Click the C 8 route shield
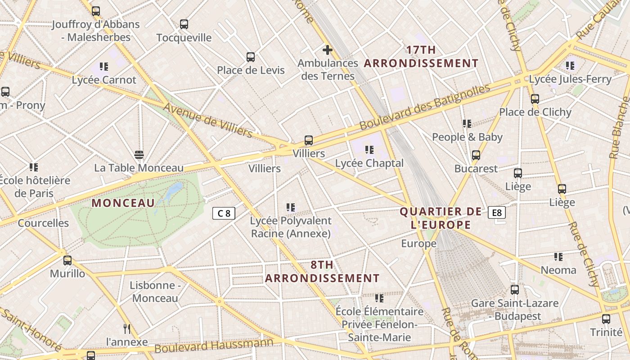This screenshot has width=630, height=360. tap(224, 213)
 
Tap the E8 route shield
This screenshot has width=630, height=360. tap(497, 212)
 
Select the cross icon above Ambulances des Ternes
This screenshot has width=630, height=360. tap(328, 49)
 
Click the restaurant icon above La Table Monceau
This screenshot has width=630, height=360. tap(139, 155)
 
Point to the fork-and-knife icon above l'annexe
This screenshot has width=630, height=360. tap(127, 329)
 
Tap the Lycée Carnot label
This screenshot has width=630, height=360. tap(104, 80)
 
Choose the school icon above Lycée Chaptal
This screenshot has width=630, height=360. tap(369, 150)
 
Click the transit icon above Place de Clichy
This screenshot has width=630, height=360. tap(535, 99)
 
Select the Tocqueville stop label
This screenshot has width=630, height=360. tap(184, 38)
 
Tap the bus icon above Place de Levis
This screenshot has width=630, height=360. tap(251, 57)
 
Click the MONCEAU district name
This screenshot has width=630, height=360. tap(123, 203)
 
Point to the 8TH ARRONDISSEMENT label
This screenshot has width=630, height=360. tap(322, 271)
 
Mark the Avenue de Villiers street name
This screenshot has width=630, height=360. tap(207, 120)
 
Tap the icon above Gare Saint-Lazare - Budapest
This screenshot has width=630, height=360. tap(515, 290)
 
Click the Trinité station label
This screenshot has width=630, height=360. tap(606, 332)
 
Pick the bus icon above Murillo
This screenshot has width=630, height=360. tap(67, 261)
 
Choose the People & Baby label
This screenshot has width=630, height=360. tap(467, 137)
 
